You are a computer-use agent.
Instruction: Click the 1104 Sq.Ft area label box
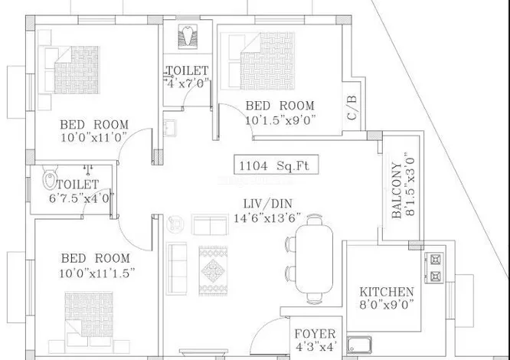(x=276, y=165)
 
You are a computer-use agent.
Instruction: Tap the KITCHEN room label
(x=387, y=292)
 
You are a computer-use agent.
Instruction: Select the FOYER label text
(x=315, y=334)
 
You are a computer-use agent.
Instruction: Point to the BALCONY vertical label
(x=397, y=190)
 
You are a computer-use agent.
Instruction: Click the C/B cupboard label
(x=352, y=107)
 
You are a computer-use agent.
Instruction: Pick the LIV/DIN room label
(x=268, y=204)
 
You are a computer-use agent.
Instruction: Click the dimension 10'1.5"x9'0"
(x=280, y=120)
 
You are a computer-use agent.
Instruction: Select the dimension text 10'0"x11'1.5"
(x=97, y=273)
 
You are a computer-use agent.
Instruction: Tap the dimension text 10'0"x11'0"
(x=93, y=137)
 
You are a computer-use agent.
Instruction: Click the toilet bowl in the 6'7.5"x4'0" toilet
(x=50, y=178)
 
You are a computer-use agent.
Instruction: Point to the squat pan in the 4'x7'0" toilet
(x=188, y=37)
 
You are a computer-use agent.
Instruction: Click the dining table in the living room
(x=314, y=259)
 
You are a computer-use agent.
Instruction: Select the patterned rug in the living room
(x=213, y=271)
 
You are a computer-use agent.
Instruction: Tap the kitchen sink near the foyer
(x=359, y=345)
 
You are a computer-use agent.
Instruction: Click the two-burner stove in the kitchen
(x=435, y=267)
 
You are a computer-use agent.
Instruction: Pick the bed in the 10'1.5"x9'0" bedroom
(x=257, y=61)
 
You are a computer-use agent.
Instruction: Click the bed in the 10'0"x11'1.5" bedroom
(x=89, y=319)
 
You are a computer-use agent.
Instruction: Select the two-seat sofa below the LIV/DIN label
(x=210, y=224)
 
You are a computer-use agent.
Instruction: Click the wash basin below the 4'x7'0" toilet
(x=170, y=128)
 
